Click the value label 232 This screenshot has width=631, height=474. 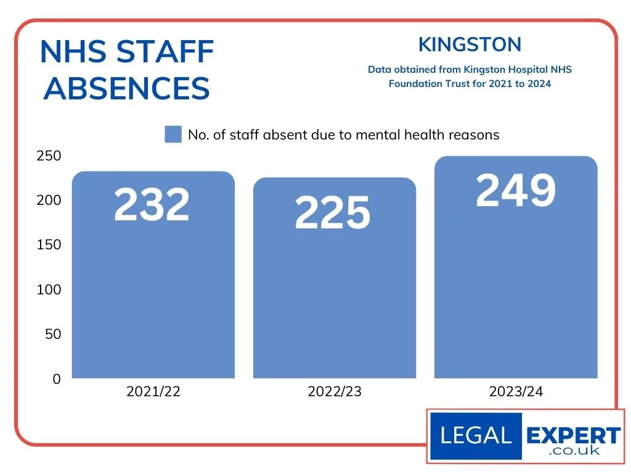click(152, 205)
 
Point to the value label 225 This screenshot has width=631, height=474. click(333, 214)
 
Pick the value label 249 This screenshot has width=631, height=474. click(516, 190)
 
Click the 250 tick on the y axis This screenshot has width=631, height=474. click(49, 156)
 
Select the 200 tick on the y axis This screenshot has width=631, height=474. click(49, 200)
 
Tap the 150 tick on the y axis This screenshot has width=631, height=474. click(49, 245)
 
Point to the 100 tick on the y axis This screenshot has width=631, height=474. click(49, 289)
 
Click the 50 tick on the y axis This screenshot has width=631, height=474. click(52, 334)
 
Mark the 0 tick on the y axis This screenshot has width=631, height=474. click(57, 379)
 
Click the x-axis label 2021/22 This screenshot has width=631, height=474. click(153, 392)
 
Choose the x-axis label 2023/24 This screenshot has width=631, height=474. click(516, 392)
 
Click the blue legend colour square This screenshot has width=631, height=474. click(173, 135)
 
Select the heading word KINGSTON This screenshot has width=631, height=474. click(470, 44)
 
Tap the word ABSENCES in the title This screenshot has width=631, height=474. click(127, 89)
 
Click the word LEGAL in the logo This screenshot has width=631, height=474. click(476, 436)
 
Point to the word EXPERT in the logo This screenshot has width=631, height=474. click(573, 434)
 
